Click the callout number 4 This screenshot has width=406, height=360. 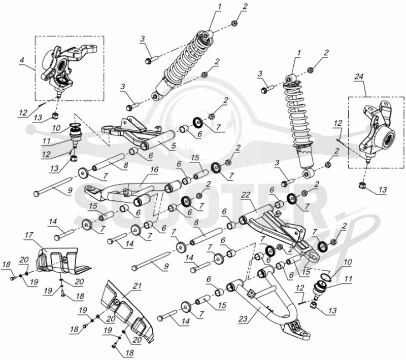click(x=22, y=60)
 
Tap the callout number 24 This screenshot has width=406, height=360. click(x=359, y=77)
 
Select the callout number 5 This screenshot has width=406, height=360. click(x=173, y=146)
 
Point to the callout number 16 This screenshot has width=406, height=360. click(x=154, y=170)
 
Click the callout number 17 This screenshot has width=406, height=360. click(x=29, y=235)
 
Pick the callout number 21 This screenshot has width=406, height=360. click(x=138, y=286)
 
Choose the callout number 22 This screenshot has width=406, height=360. click(x=246, y=195)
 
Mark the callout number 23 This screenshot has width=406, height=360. click(x=243, y=319)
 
